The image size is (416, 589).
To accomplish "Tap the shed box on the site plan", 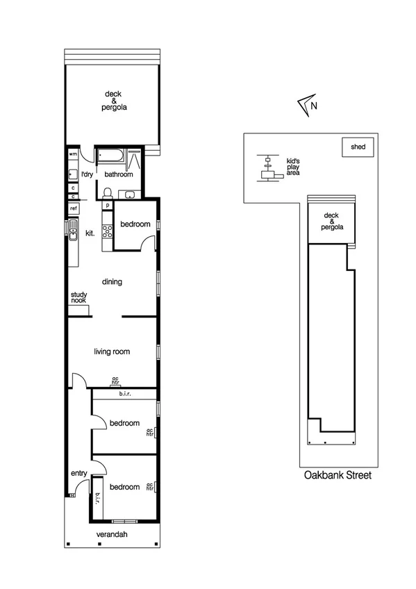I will click(x=358, y=147).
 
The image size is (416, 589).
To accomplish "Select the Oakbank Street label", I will click(x=338, y=476).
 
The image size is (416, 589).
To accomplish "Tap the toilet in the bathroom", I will click(x=108, y=192).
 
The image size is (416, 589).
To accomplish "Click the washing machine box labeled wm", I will click(x=73, y=154).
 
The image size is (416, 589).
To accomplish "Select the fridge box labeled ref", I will click(x=73, y=208).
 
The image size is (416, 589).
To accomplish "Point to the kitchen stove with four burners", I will click(x=108, y=233).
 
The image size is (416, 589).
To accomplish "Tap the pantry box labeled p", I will click(x=108, y=206).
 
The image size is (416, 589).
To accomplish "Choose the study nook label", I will click(x=78, y=297).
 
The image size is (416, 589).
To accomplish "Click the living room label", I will click(x=113, y=352).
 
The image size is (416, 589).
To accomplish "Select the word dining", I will click(x=113, y=282).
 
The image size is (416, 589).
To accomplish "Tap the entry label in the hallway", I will click(x=78, y=474).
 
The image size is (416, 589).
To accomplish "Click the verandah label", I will click(x=113, y=534).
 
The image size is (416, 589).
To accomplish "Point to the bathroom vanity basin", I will click(x=126, y=194).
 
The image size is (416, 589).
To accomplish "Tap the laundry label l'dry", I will click(x=87, y=174).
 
